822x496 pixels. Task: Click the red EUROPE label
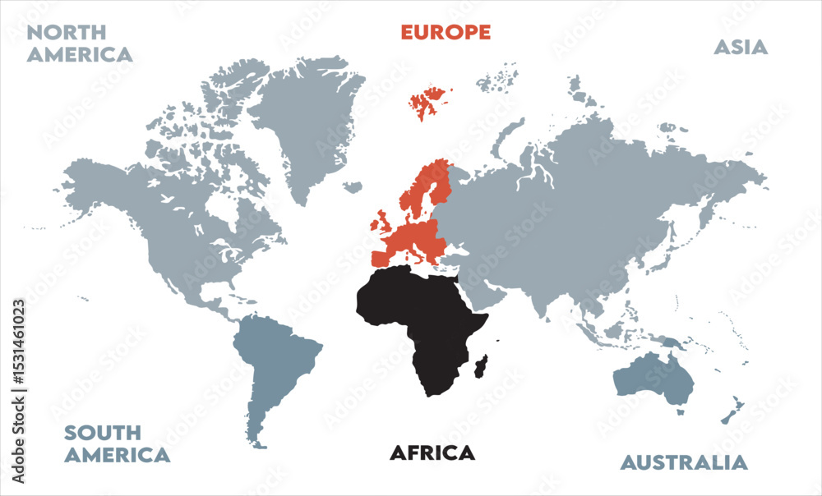(446, 33)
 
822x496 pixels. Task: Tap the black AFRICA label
(432, 452)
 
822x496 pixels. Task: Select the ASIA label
(740, 48)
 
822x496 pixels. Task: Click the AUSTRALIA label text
(684, 462)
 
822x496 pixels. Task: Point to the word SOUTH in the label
(103, 433)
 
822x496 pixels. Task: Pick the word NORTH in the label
(67, 33)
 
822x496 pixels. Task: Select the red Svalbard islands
(428, 103)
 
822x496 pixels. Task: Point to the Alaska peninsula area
(90, 185)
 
